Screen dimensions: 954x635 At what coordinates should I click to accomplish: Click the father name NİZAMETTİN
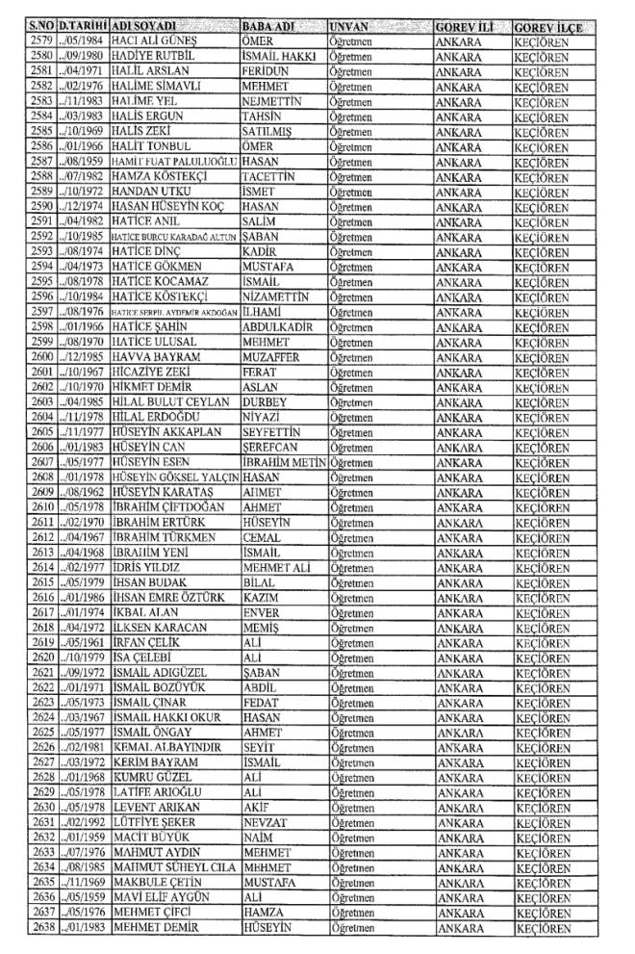[281, 298]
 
